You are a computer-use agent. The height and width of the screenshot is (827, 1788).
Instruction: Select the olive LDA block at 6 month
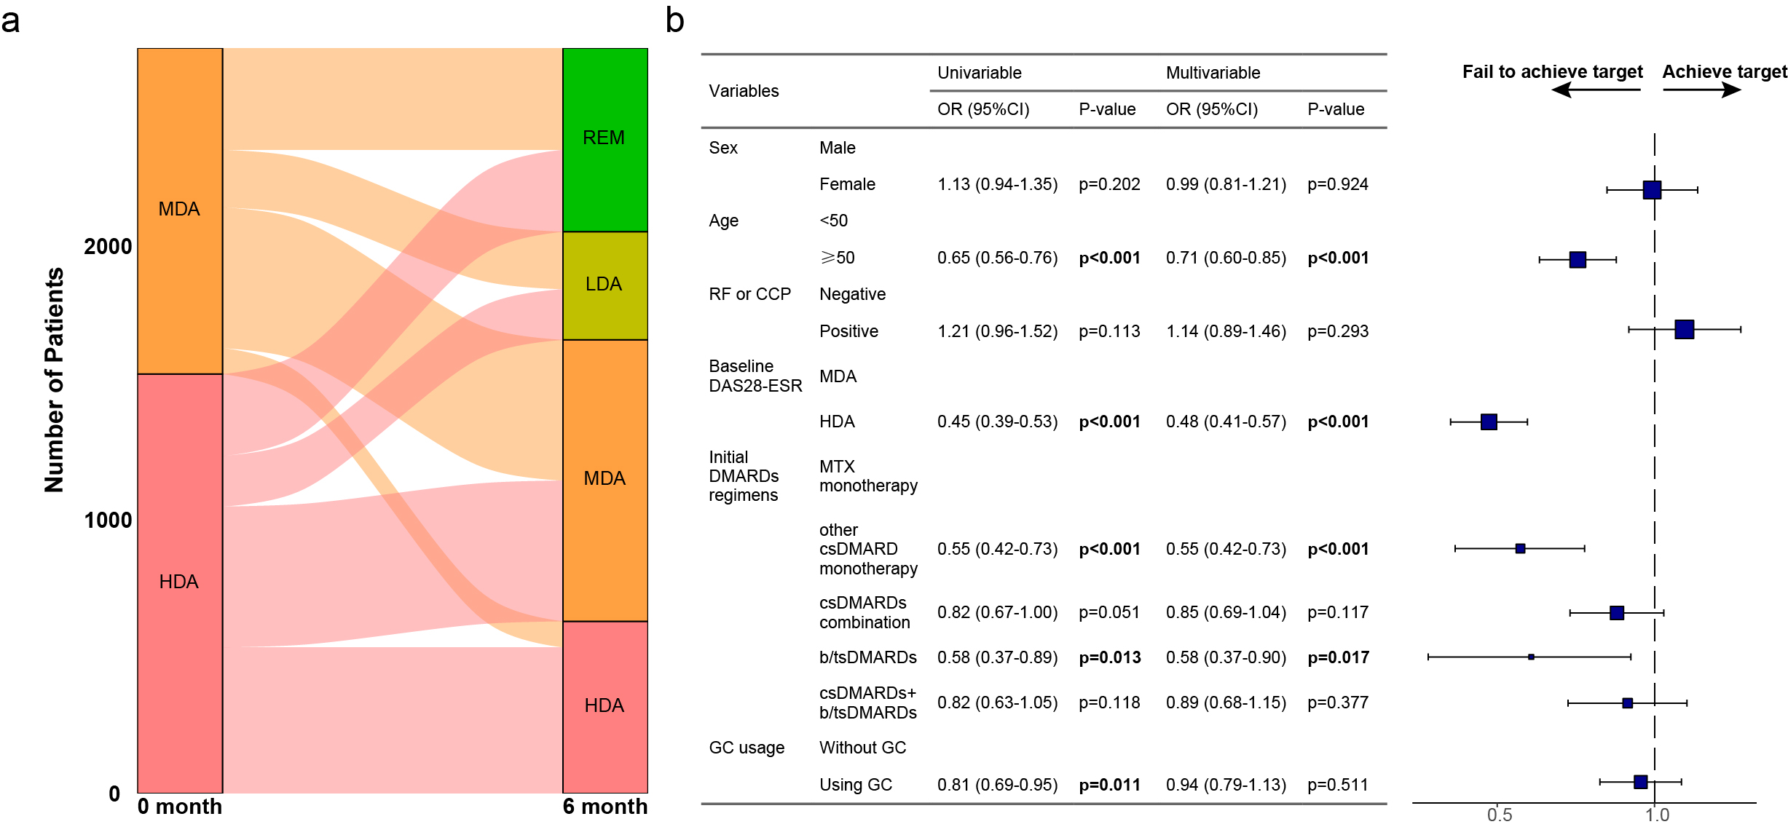click(604, 285)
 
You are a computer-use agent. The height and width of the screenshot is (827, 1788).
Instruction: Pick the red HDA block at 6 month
click(604, 705)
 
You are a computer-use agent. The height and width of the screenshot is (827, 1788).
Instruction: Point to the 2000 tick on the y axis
click(108, 247)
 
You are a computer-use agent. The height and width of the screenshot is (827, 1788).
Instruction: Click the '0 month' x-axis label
click(179, 807)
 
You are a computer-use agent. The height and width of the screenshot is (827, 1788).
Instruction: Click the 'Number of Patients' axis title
click(55, 380)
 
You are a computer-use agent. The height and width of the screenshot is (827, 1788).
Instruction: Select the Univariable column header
click(979, 73)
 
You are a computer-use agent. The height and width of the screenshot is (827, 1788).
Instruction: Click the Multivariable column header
click(1213, 73)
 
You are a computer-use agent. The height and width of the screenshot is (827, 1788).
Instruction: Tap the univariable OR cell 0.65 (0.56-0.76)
click(997, 258)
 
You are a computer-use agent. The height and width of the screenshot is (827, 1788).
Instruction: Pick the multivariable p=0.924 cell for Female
click(1337, 184)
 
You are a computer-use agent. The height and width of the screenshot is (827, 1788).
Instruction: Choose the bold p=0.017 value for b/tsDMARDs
click(1338, 657)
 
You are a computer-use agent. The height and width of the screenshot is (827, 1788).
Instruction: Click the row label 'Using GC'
click(855, 785)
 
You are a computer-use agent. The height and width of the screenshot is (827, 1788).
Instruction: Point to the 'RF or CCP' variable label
click(749, 294)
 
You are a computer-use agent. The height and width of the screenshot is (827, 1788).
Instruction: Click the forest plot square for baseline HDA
click(1489, 422)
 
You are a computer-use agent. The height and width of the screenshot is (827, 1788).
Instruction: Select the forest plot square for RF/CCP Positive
click(1684, 330)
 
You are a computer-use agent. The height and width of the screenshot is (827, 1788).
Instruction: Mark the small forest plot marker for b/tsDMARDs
click(1531, 657)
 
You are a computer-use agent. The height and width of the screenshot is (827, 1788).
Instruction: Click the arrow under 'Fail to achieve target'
click(1595, 90)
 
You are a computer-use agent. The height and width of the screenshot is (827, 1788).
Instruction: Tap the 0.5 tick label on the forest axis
click(1500, 815)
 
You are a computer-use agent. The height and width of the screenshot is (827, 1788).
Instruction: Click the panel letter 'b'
click(674, 20)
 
